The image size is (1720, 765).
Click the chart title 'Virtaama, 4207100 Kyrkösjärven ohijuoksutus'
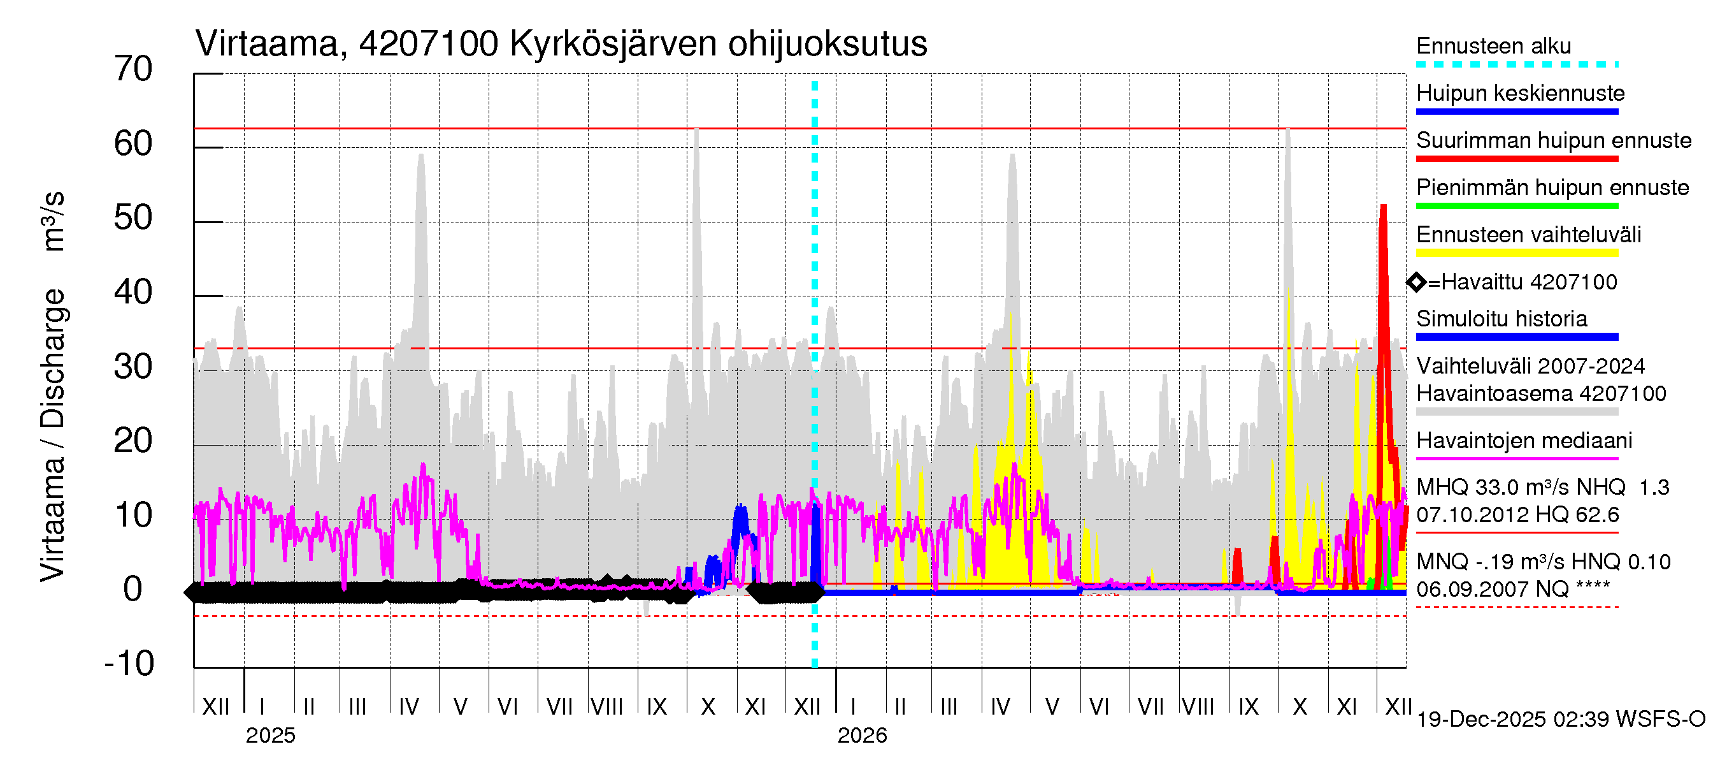(x=561, y=44)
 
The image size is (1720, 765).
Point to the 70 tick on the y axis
(x=134, y=69)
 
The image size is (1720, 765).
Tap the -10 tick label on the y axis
(x=129, y=664)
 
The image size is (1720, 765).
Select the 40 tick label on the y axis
(x=134, y=293)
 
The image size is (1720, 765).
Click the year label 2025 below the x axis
(x=270, y=736)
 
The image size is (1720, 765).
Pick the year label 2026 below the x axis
(x=862, y=736)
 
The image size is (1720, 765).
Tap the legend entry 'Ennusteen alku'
(x=1494, y=47)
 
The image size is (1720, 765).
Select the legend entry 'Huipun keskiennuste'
(x=1521, y=94)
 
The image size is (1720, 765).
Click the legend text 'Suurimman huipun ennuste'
(x=1554, y=141)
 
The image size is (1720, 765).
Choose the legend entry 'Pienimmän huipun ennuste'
(x=1552, y=187)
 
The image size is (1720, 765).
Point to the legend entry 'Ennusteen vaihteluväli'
(x=1528, y=235)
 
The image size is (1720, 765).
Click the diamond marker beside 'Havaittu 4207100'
(x=1416, y=282)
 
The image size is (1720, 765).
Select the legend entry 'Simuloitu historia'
(x=1501, y=319)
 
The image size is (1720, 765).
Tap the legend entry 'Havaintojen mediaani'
(x=1524, y=441)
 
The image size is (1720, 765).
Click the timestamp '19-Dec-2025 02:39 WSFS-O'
(x=1560, y=720)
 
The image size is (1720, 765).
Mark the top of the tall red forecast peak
(x=1384, y=206)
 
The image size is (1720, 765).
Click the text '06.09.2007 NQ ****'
(x=1513, y=589)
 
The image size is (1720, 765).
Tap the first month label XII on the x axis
(x=216, y=707)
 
